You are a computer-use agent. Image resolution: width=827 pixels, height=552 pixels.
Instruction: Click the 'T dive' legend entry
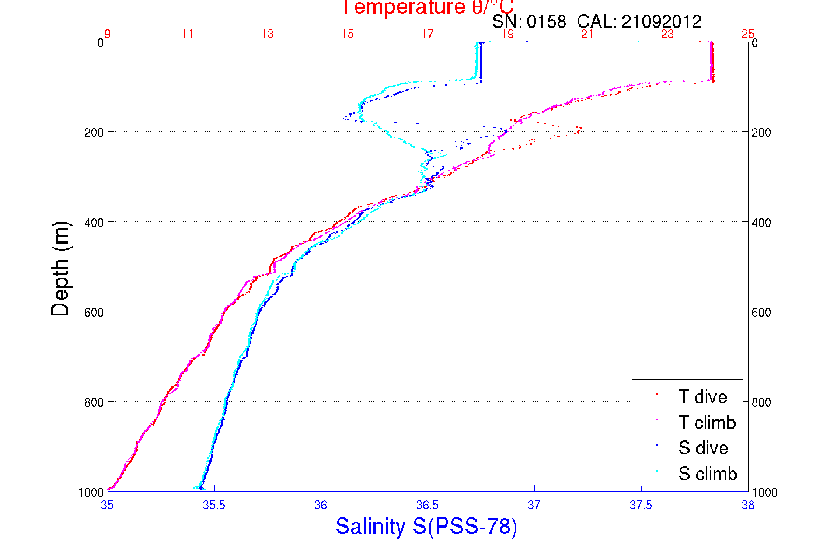point(702,397)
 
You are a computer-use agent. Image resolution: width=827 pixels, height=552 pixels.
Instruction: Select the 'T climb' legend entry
point(707,423)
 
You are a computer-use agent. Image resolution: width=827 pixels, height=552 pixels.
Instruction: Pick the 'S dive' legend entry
point(703,448)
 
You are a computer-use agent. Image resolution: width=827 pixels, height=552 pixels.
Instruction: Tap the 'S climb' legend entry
point(708,474)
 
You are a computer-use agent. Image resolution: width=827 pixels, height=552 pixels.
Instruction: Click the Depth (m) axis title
point(60,269)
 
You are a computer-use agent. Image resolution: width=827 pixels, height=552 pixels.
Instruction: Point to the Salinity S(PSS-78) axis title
point(426,526)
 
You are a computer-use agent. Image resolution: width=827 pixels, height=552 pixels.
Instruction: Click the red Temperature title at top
point(427,7)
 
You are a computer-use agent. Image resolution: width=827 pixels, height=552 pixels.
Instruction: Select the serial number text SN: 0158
point(529,21)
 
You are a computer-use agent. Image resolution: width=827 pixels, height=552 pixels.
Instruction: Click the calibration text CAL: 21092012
point(639,21)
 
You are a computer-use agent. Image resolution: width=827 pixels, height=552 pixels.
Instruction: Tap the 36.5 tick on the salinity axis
point(427,505)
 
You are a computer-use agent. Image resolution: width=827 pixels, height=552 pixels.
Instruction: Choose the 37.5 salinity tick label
point(641,505)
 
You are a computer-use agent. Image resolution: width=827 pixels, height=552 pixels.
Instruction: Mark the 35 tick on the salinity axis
point(107,505)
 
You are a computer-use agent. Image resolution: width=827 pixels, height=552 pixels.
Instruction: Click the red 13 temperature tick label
point(267,34)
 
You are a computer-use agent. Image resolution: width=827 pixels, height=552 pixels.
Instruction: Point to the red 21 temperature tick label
point(587,34)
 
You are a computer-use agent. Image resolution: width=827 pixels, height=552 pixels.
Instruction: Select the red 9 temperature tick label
point(107,34)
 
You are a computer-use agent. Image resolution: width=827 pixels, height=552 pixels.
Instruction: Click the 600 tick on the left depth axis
point(94,312)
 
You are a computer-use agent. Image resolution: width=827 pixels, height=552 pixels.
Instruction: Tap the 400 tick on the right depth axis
point(761,223)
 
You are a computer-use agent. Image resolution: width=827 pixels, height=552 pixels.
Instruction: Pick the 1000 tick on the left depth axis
point(91,493)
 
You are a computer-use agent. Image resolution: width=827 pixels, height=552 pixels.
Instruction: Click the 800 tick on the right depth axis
point(761,402)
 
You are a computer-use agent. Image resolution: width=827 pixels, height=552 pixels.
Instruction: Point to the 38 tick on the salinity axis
point(748,505)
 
